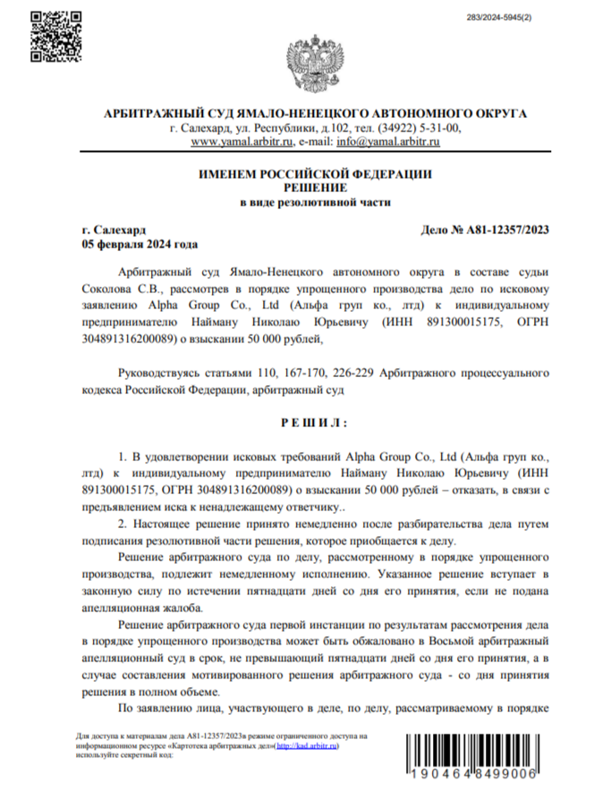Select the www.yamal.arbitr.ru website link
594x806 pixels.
point(243,141)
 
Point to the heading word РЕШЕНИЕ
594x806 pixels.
point(315,187)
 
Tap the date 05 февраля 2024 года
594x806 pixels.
point(139,244)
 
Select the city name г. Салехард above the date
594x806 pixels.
point(113,230)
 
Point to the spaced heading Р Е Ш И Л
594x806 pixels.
point(314,421)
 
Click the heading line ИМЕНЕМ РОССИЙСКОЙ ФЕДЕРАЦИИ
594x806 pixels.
point(315,173)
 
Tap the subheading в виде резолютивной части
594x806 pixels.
point(315,203)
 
